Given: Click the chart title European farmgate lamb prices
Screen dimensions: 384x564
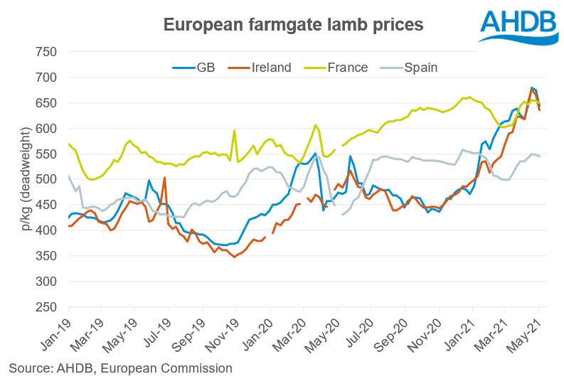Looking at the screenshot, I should (294, 24).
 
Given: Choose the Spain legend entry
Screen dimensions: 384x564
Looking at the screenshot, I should (420, 68).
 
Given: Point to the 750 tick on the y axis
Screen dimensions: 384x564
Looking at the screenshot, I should (46, 52).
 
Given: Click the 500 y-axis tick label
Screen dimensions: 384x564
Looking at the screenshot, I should (46, 179).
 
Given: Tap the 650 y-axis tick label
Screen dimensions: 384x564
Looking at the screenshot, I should (46, 103).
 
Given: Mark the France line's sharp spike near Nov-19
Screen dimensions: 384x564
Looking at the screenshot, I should (234, 131).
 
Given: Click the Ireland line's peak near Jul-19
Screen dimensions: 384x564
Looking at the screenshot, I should (164, 178).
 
